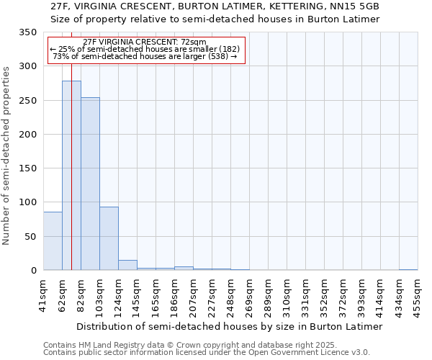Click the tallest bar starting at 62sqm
point(71,175)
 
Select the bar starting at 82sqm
point(90,184)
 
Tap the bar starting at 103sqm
point(109,238)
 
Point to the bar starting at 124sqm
point(127,265)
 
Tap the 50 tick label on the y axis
point(30,237)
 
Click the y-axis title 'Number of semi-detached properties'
point(6,156)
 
